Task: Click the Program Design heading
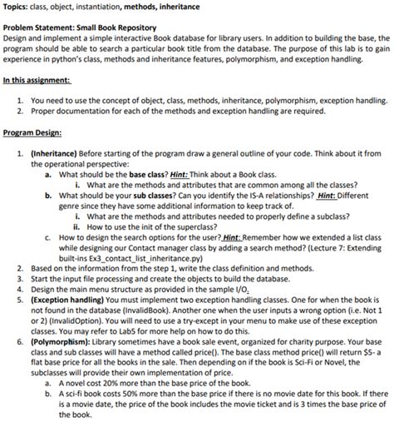[34, 132]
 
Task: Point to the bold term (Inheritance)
[55, 152]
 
